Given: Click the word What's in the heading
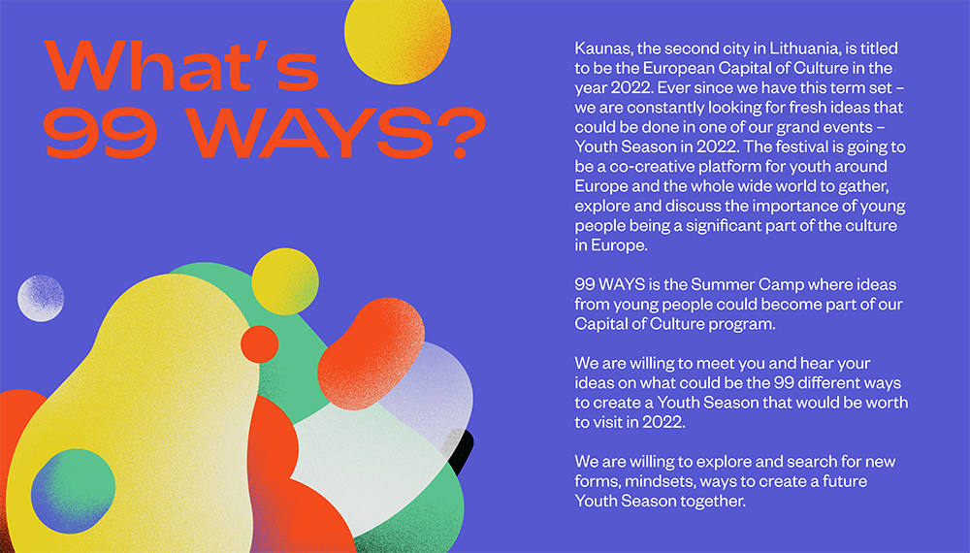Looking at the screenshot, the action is (182, 65).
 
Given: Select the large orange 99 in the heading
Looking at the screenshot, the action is (100, 133).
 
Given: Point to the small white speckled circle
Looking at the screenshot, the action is (41, 298).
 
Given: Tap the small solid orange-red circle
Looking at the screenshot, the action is (259, 343).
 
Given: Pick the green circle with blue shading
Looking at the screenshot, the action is (73, 491).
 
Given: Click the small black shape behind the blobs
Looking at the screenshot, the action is (462, 450).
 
